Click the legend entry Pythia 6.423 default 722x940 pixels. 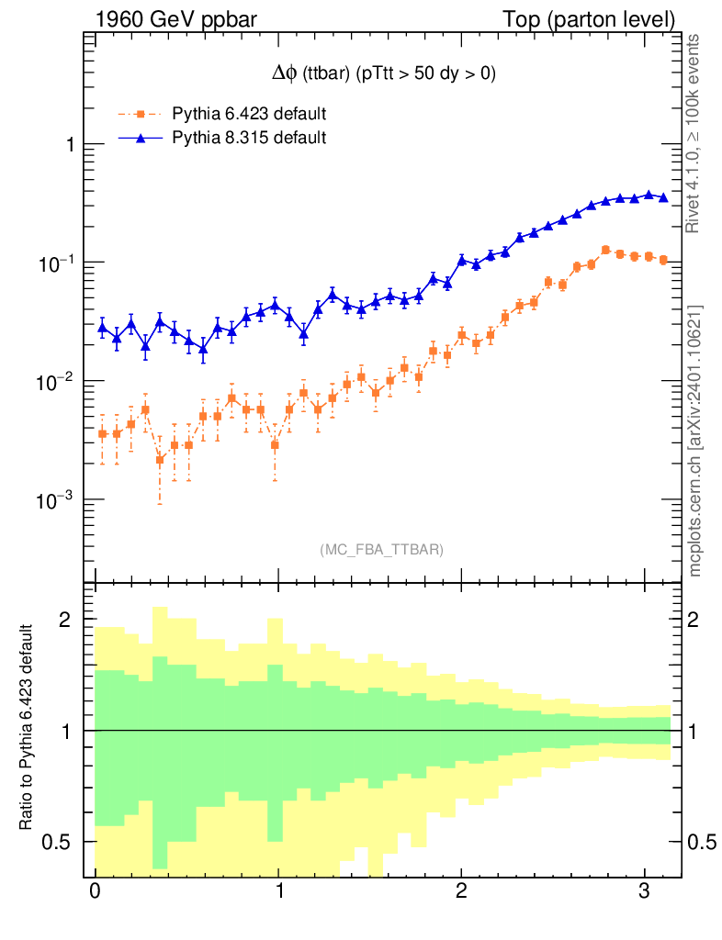tap(249, 115)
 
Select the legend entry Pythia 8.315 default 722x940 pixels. tap(249, 139)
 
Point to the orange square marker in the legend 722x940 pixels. tap(141, 115)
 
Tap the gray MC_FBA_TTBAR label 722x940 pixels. tap(382, 550)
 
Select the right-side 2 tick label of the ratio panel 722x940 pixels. tap(699, 621)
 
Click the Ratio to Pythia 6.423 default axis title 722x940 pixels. tap(28, 730)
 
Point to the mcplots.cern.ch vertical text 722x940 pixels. tap(695, 441)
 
